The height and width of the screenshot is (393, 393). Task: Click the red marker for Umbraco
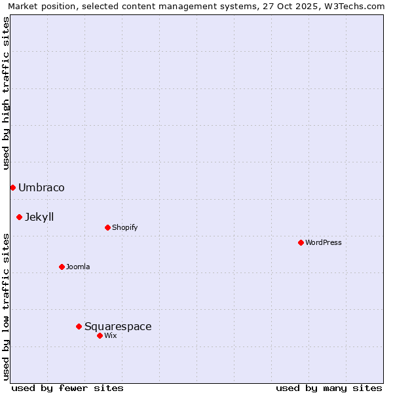pos(12,188)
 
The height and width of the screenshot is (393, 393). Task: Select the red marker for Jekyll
pos(20,217)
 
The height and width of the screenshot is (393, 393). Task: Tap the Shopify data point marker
pos(107,228)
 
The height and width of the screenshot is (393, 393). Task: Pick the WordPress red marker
pos(301,243)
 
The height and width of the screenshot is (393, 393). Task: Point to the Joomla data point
pos(62,267)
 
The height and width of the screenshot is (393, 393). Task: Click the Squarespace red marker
pos(79,326)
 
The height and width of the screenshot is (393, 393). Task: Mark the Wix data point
pos(100,336)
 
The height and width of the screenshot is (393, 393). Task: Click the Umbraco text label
pos(41,188)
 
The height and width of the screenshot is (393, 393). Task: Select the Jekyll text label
pos(39,217)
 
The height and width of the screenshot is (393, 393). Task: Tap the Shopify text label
pos(124,228)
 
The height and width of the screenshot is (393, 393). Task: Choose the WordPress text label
pos(323,243)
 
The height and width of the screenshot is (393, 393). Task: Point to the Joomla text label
pos(78,267)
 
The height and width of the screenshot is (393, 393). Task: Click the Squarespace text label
pos(118,326)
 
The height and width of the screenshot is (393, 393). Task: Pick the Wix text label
pos(110,336)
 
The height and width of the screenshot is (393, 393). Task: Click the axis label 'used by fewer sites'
pos(67,388)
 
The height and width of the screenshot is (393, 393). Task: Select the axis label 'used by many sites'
pos(329,388)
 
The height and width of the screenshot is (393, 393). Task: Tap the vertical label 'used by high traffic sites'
pos(7,93)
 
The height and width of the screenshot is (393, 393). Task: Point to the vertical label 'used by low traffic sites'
pos(7,307)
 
